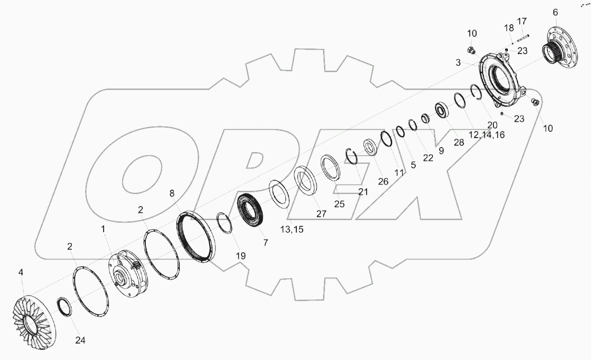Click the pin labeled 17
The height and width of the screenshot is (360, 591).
[524, 37]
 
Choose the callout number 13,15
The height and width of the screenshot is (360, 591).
[292, 229]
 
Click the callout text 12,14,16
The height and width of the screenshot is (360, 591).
[487, 135]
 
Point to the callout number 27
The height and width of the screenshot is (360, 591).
[321, 214]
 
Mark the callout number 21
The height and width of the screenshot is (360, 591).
[362, 192]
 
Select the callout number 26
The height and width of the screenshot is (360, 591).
[383, 182]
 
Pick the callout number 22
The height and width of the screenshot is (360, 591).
[428, 158]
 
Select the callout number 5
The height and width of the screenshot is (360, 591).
[413, 165]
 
